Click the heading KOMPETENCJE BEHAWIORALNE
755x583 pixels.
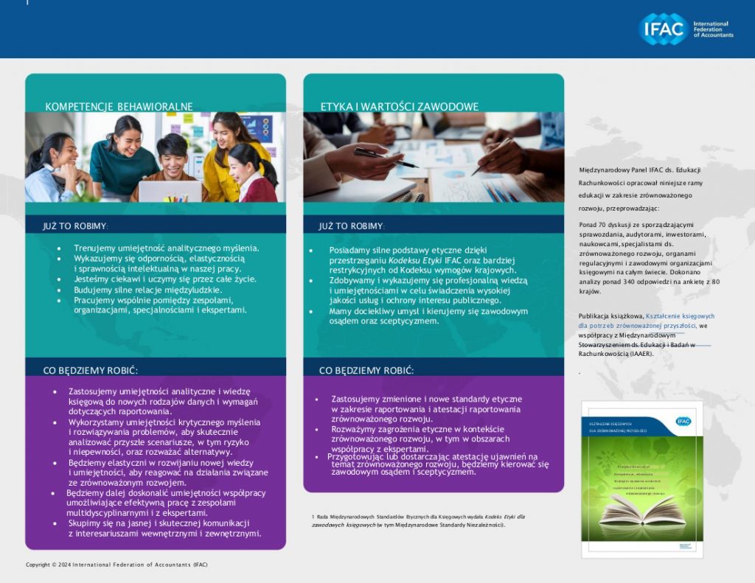click(119, 107)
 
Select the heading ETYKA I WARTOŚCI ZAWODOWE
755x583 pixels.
click(399, 107)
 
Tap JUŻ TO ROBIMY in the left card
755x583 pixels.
click(76, 226)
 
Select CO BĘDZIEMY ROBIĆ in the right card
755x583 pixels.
click(366, 370)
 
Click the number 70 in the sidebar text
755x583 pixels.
click(602, 224)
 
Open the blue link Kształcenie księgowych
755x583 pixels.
click(680, 315)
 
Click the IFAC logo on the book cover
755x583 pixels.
click(683, 421)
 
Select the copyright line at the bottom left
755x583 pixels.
click(116, 565)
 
